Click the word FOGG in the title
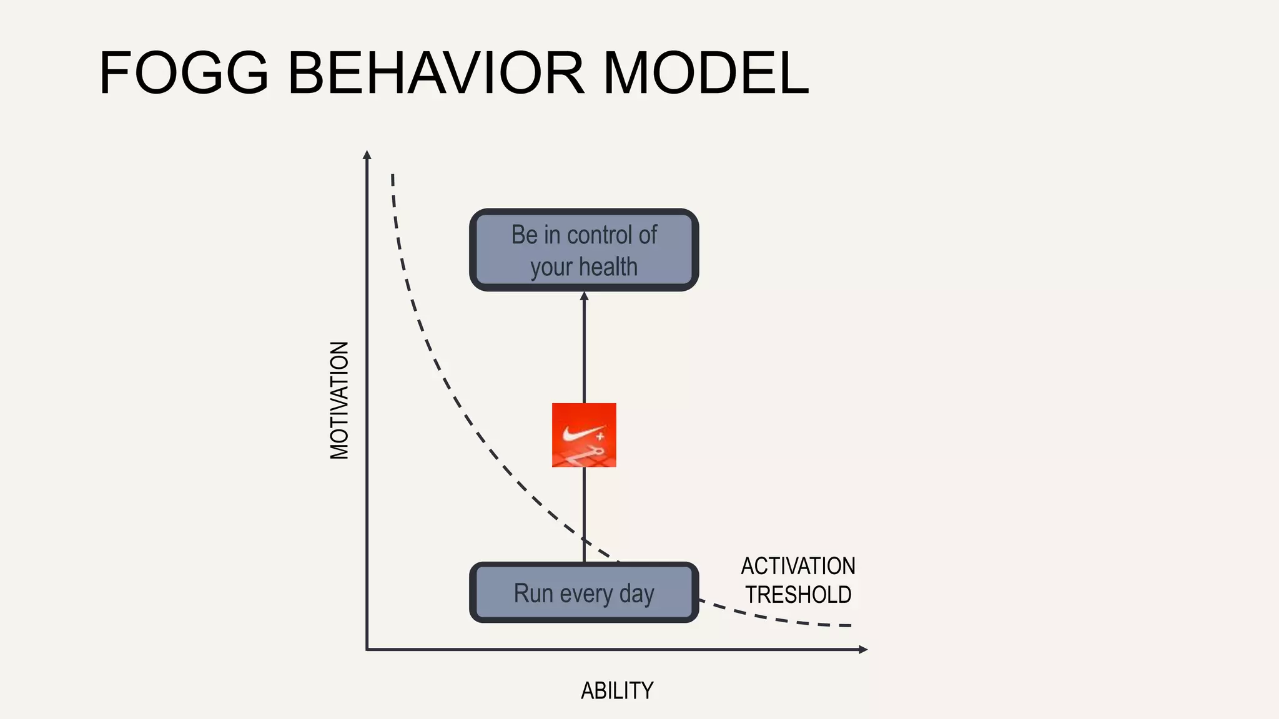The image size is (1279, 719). coord(184,74)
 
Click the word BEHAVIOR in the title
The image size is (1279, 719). coord(435,74)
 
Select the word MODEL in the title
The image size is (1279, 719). coord(705,74)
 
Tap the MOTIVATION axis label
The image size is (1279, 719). coord(339,400)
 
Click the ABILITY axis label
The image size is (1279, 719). coord(617,691)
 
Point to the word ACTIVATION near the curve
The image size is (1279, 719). coord(798,566)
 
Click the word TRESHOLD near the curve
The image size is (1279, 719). coord(798,595)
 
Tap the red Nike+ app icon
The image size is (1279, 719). coord(584,435)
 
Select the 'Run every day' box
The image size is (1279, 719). coord(584,592)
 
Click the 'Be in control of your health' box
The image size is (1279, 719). coord(584,250)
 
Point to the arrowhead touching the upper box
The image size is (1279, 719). coord(584,296)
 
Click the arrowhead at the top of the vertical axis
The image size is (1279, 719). coord(367,155)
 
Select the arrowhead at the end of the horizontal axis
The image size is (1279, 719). coord(863,650)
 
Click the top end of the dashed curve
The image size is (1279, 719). coord(392,176)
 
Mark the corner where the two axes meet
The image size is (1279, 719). coord(367,650)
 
